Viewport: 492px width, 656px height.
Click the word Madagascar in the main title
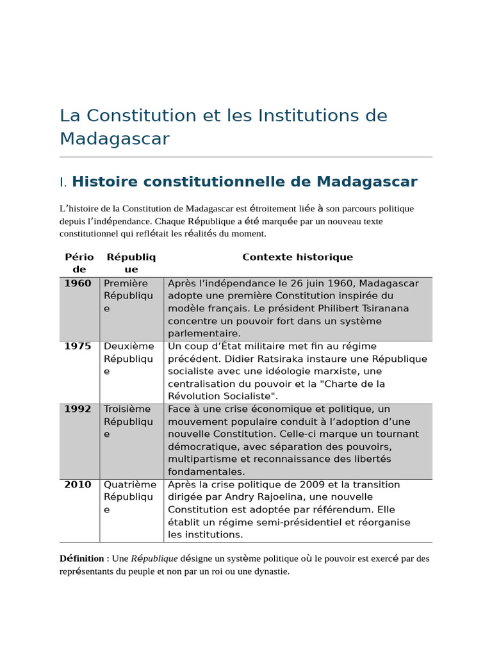115,138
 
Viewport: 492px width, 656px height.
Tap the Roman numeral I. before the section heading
63,183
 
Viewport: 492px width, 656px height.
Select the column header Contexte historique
297,257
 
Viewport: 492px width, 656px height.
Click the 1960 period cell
78,283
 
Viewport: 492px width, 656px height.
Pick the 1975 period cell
78,346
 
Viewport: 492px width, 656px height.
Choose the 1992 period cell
78,409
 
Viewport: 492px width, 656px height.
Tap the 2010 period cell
78,484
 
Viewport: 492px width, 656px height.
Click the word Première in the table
126,283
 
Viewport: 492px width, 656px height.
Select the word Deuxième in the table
129,346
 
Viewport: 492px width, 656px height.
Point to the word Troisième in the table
127,409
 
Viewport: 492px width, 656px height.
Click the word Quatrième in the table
130,484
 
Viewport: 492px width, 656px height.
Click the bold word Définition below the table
81,559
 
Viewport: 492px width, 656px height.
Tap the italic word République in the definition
154,559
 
